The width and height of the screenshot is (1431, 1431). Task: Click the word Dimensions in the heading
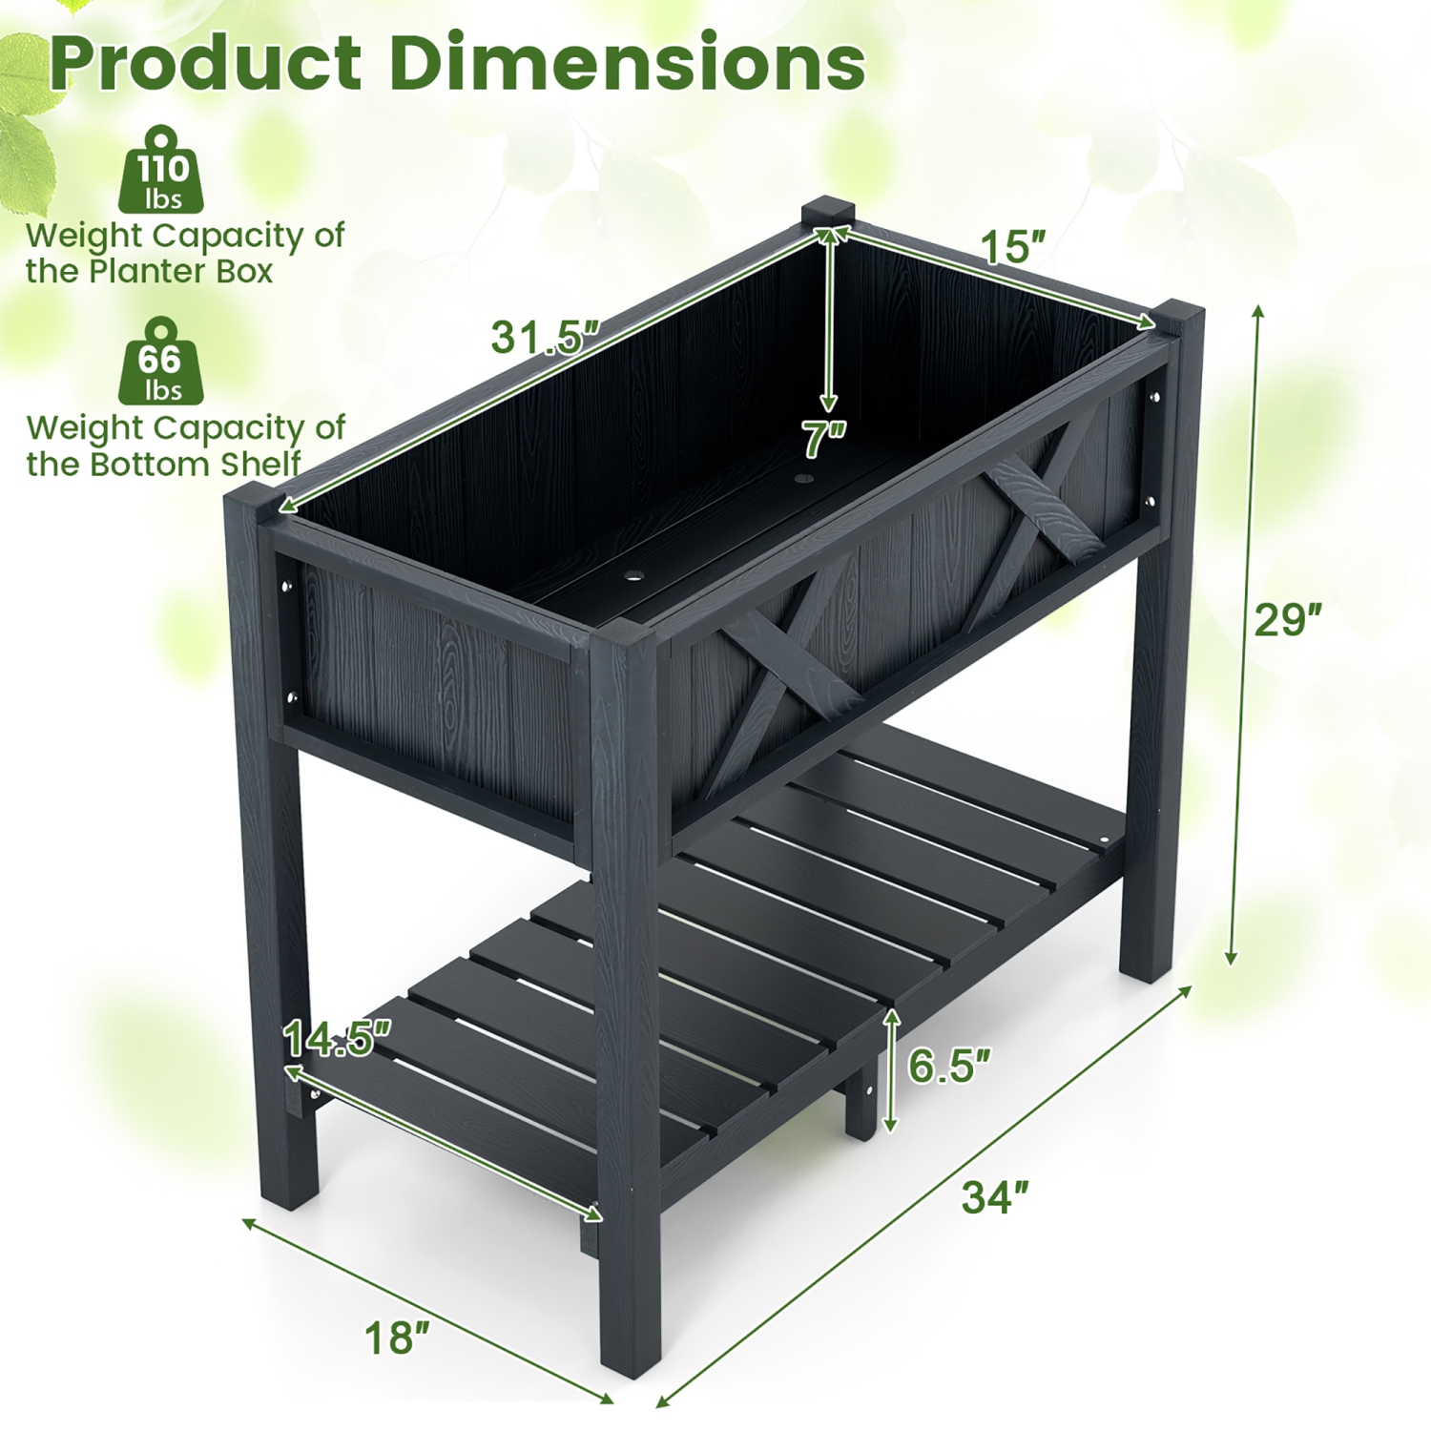[x=627, y=62]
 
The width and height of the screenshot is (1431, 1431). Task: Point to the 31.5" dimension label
[x=544, y=337]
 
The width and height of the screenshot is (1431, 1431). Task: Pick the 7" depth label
[x=823, y=440]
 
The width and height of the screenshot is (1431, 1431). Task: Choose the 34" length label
[x=995, y=1196]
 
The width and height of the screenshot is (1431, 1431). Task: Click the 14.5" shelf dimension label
[x=338, y=1039]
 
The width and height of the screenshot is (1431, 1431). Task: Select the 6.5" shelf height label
[x=948, y=1066]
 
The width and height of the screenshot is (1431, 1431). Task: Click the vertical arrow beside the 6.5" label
[x=891, y=1069]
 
